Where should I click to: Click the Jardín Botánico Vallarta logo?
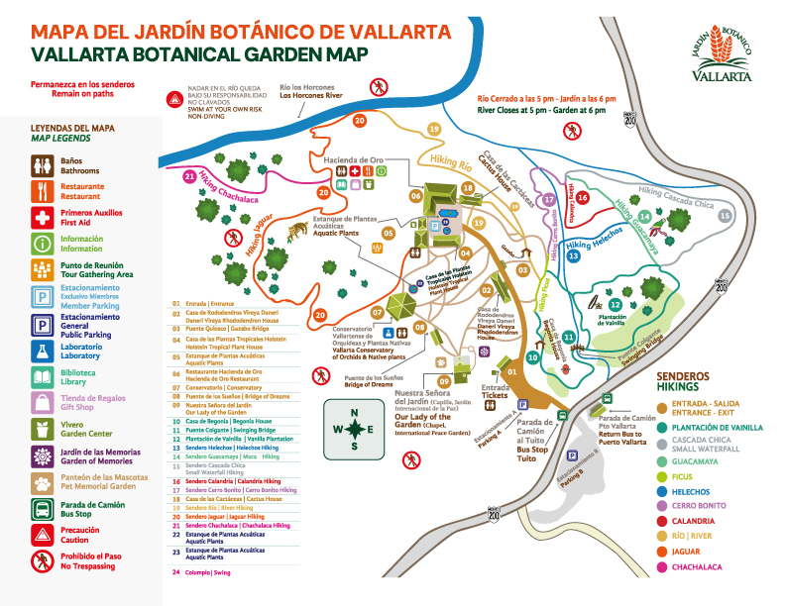(722, 54)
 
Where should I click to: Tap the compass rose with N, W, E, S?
(355, 429)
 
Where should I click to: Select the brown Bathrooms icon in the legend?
(43, 162)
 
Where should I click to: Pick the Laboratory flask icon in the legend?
(43, 351)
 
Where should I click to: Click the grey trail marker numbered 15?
(725, 215)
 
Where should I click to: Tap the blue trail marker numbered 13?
(574, 256)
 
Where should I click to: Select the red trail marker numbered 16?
(584, 197)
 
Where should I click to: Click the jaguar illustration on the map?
(296, 231)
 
